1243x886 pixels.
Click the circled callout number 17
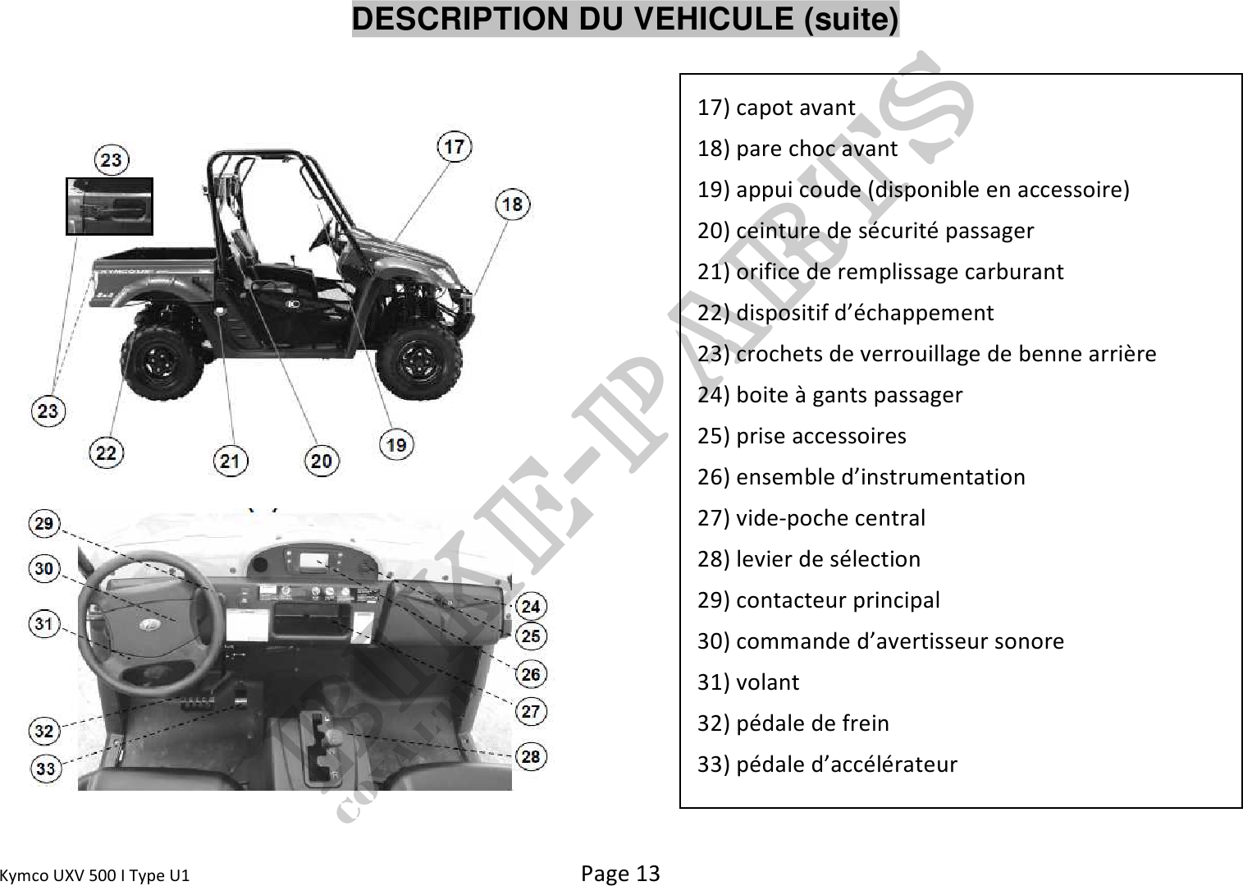[x=455, y=147]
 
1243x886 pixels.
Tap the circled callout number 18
[x=512, y=204]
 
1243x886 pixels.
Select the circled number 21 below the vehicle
[x=231, y=461]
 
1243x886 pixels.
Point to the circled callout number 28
[x=531, y=756]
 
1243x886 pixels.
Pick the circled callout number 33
[x=45, y=769]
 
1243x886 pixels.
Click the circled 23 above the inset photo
[x=111, y=160]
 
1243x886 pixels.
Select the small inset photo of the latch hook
[x=109, y=206]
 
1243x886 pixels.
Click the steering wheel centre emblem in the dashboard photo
[x=149, y=624]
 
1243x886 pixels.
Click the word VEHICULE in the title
[x=714, y=19]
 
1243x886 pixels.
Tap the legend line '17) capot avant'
[x=776, y=108]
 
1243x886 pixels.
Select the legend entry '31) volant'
[x=748, y=682]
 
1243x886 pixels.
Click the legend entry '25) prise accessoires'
[x=802, y=435]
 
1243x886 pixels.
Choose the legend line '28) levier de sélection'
[x=808, y=559]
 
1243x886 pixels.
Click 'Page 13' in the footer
[x=620, y=873]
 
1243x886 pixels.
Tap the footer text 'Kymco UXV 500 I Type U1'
[x=95, y=875]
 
